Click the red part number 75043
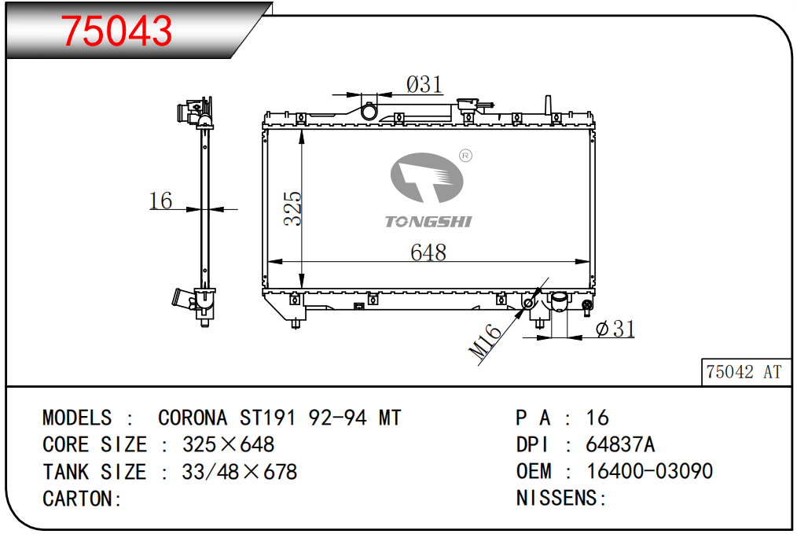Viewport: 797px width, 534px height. (x=117, y=31)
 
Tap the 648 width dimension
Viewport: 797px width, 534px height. (x=428, y=252)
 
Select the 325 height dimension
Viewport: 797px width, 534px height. (x=292, y=208)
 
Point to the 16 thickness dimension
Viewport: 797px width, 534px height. (x=160, y=201)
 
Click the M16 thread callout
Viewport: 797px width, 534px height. (x=485, y=341)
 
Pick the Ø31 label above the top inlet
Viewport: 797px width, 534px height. (x=424, y=84)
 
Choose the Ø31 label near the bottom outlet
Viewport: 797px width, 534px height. (x=615, y=329)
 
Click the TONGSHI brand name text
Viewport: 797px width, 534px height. (x=428, y=222)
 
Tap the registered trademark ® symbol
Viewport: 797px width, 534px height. (x=465, y=156)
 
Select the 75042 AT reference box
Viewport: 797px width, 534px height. (x=746, y=372)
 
